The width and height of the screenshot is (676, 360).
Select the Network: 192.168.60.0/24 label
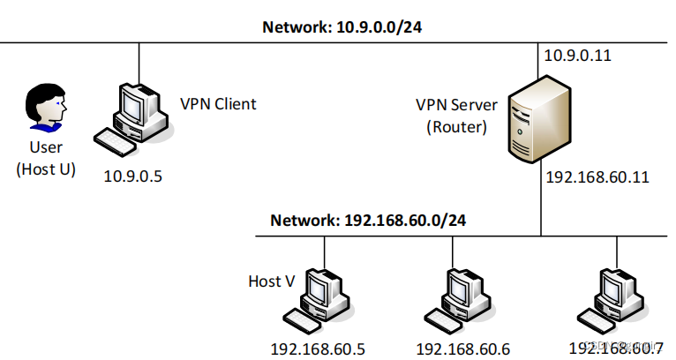coord(369,220)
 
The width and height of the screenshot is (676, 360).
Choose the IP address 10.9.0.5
coord(133,176)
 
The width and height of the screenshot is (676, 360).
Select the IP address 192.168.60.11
coord(597,177)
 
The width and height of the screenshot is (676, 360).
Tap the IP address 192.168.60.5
coord(319,348)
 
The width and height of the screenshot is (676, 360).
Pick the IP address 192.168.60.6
coord(462,348)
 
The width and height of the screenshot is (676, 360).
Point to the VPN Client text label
coord(218,104)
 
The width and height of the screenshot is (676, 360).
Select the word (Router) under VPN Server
coord(456,126)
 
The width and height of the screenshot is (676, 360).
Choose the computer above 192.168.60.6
coord(458,296)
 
